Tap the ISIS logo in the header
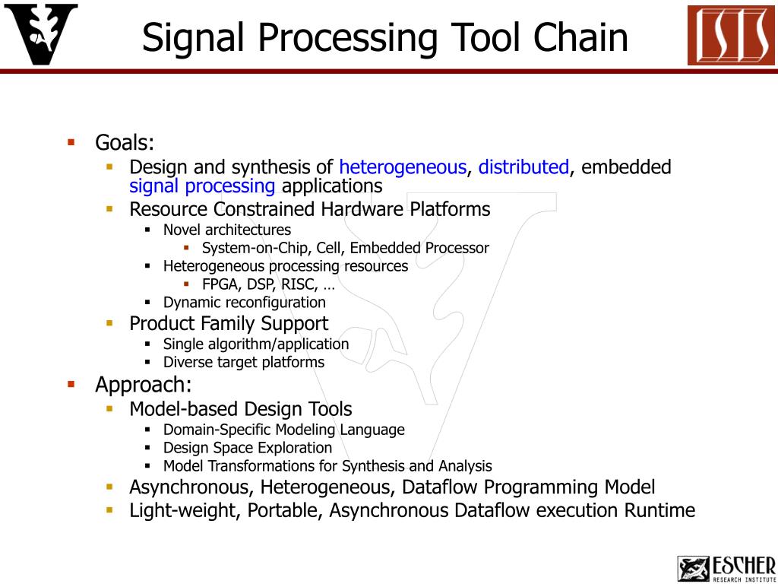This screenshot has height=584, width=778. (x=731, y=35)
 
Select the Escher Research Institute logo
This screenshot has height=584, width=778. (x=726, y=568)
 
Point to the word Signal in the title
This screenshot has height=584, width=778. (x=192, y=37)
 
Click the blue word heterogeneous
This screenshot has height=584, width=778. (x=402, y=167)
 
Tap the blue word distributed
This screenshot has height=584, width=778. (x=523, y=167)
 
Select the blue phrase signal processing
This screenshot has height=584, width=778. (x=202, y=186)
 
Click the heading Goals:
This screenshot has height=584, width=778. (x=125, y=142)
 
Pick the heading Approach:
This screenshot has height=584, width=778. (x=144, y=385)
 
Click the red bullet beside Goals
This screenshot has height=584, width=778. (x=71, y=142)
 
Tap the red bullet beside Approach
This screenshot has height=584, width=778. (x=71, y=384)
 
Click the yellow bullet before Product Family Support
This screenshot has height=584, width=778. (x=109, y=323)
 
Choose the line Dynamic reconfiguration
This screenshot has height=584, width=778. (x=244, y=303)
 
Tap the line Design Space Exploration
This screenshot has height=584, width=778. (x=248, y=448)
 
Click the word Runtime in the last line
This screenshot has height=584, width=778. (x=659, y=510)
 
